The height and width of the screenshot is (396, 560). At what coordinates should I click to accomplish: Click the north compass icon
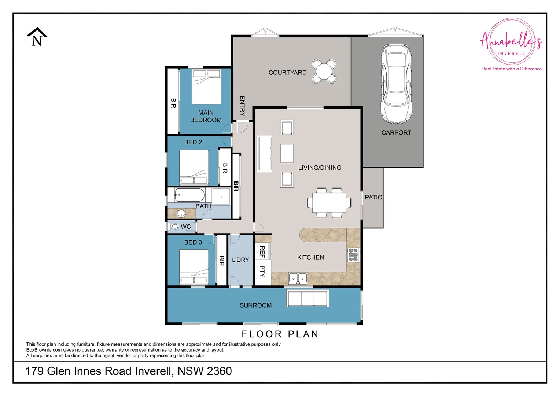[37, 37]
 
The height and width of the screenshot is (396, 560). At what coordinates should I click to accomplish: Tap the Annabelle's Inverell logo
[511, 43]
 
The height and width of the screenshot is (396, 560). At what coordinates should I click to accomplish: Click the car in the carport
[396, 84]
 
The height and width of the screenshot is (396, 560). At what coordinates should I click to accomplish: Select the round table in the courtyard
[324, 71]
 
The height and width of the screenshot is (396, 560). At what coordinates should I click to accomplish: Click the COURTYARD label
[287, 73]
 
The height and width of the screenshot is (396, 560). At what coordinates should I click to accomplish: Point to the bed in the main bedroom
[206, 87]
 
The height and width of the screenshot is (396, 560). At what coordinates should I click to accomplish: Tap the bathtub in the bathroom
[189, 195]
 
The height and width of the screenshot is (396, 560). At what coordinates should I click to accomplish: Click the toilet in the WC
[175, 227]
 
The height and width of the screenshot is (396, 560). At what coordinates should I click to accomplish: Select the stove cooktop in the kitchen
[353, 255]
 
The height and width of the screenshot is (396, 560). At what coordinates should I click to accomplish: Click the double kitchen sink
[298, 278]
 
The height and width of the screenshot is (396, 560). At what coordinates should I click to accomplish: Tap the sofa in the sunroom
[307, 298]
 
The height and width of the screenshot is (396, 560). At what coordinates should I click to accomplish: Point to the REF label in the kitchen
[262, 252]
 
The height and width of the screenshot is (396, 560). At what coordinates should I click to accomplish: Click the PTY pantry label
[262, 271]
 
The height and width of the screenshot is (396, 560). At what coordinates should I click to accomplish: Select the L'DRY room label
[240, 260]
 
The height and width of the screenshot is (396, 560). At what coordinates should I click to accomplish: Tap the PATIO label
[373, 197]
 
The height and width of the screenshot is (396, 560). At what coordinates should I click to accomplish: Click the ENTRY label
[242, 106]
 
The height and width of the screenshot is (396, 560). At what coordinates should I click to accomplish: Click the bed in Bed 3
[194, 267]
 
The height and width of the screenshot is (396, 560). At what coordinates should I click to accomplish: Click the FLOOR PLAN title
[280, 334]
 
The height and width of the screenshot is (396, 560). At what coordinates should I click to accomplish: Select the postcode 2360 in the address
[219, 371]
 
